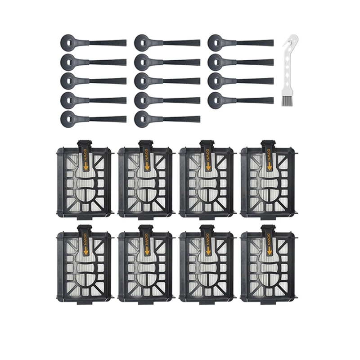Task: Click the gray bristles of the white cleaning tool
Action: tap(287, 101)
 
